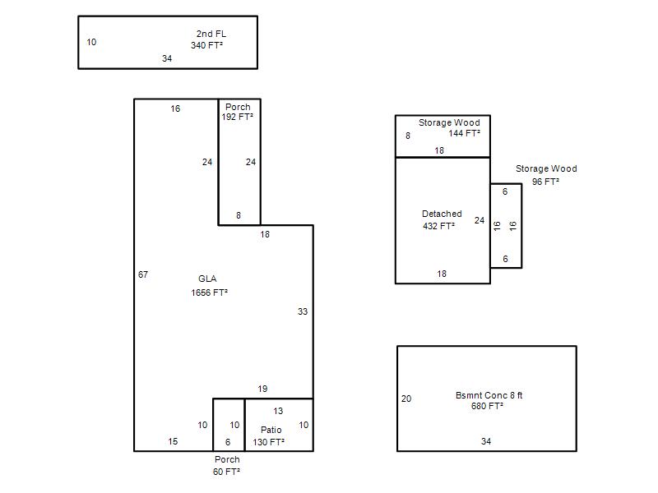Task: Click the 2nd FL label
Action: point(211,34)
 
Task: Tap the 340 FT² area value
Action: point(207,45)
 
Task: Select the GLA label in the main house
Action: point(207,279)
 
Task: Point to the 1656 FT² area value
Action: point(210,293)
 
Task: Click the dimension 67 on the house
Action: point(143,274)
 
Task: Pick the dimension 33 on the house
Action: point(303,311)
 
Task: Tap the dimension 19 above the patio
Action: point(262,389)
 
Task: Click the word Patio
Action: point(271,430)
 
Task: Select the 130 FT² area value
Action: point(269,442)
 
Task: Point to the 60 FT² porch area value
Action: point(227,472)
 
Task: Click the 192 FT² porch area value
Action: point(238,117)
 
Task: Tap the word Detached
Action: point(442,214)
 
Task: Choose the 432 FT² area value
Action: point(439,226)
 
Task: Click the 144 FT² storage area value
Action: point(465,133)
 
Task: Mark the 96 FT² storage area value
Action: point(545,182)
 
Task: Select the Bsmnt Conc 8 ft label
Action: point(489,395)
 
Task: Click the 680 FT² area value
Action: point(487,406)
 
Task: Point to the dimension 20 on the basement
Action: point(406,399)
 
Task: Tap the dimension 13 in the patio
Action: point(278,412)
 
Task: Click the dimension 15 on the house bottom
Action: point(173,441)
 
